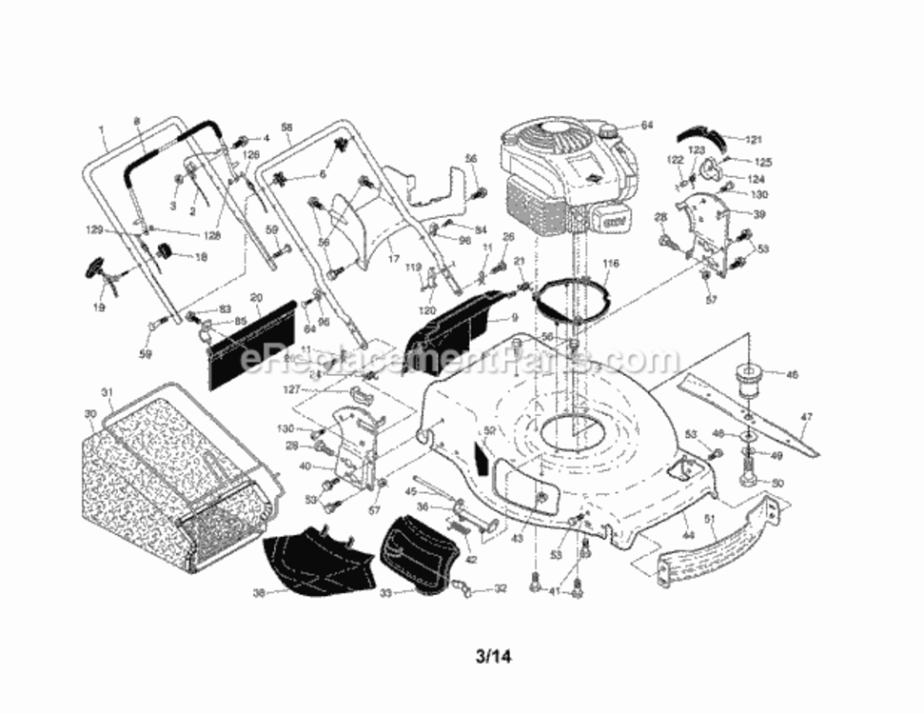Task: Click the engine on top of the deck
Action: point(566,181)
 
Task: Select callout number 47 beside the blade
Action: point(806,416)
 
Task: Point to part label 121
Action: point(754,139)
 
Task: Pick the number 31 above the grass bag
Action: point(107,392)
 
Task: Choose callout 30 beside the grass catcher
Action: point(90,413)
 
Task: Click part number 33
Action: point(384,592)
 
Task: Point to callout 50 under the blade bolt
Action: point(777,484)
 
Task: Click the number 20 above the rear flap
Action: point(255,298)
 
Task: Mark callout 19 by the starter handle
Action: point(100,307)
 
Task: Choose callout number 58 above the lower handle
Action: point(286,127)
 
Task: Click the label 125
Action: point(763,163)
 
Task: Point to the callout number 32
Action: point(501,589)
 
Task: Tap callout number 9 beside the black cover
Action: point(514,318)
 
